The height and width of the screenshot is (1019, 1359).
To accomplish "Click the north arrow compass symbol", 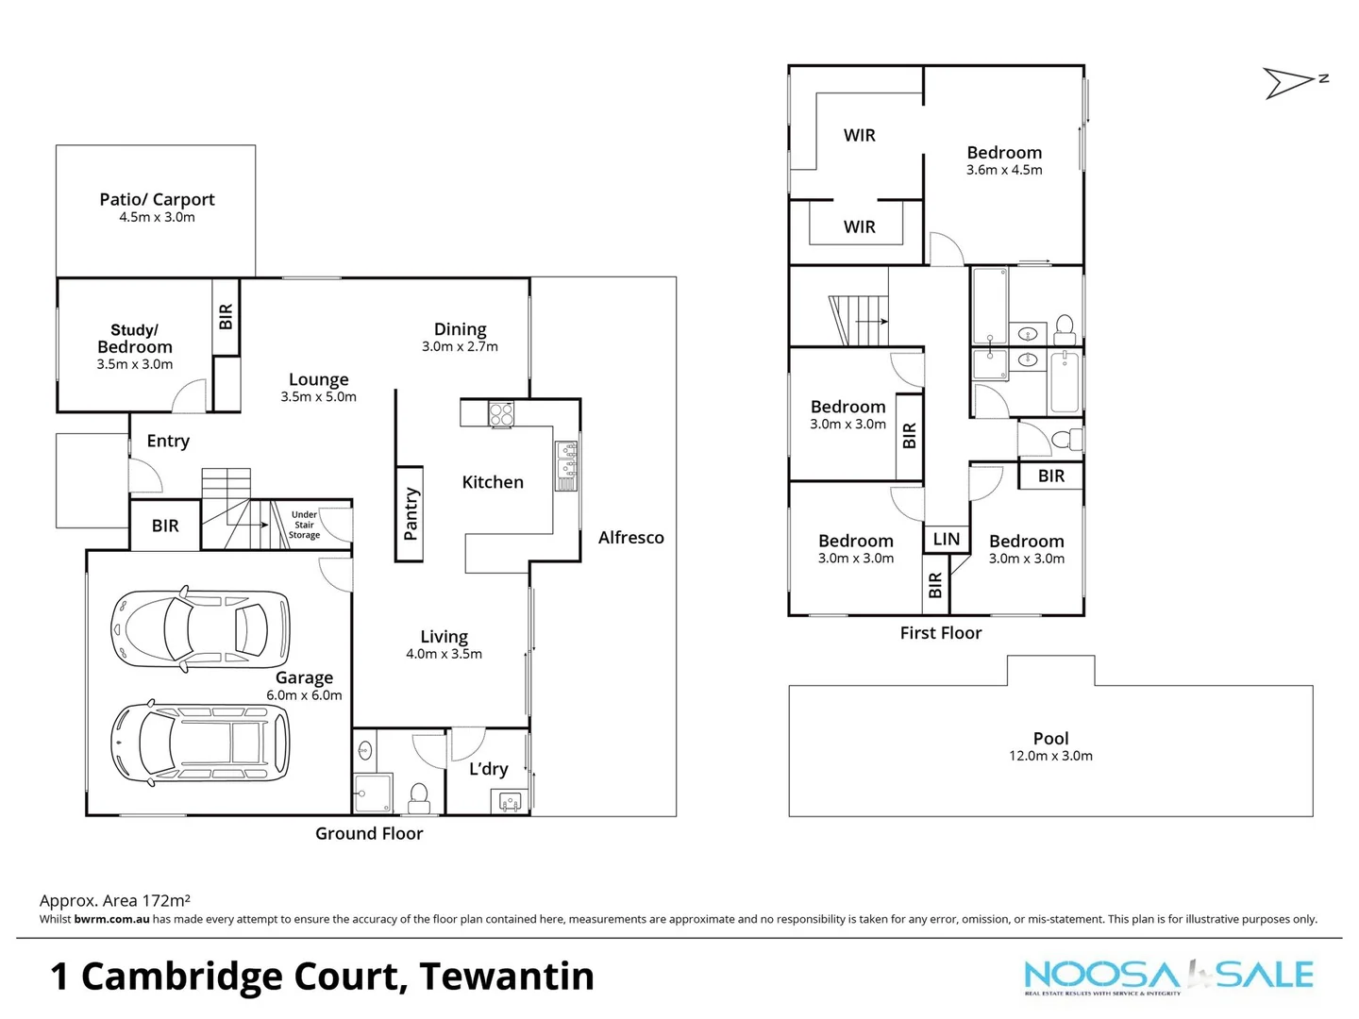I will click(x=1289, y=83).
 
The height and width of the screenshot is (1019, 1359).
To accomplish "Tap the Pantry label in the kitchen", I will click(x=410, y=514).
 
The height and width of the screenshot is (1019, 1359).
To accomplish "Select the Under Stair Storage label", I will click(x=304, y=526).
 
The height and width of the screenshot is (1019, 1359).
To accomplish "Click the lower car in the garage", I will click(x=200, y=743).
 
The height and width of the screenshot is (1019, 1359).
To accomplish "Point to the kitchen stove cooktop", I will click(x=501, y=413).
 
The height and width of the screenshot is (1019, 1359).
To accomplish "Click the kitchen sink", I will click(x=566, y=465).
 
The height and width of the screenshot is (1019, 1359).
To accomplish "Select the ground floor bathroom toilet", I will click(x=419, y=797).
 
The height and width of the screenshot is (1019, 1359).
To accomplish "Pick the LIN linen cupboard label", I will click(x=946, y=540).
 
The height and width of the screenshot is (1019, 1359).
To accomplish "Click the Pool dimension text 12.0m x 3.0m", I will click(x=1050, y=756).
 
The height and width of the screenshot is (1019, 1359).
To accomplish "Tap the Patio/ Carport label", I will click(x=157, y=199).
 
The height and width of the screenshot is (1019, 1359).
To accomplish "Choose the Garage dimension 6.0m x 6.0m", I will click(x=304, y=695).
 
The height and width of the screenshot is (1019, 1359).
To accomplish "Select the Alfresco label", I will click(x=630, y=538).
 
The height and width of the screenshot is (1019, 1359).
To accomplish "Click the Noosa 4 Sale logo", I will click(x=1168, y=977).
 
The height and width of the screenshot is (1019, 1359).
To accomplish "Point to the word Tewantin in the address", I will click(x=507, y=977).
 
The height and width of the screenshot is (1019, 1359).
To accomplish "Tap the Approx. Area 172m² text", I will click(x=115, y=901).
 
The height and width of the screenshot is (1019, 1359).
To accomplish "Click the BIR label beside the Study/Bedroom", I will click(x=226, y=316).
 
